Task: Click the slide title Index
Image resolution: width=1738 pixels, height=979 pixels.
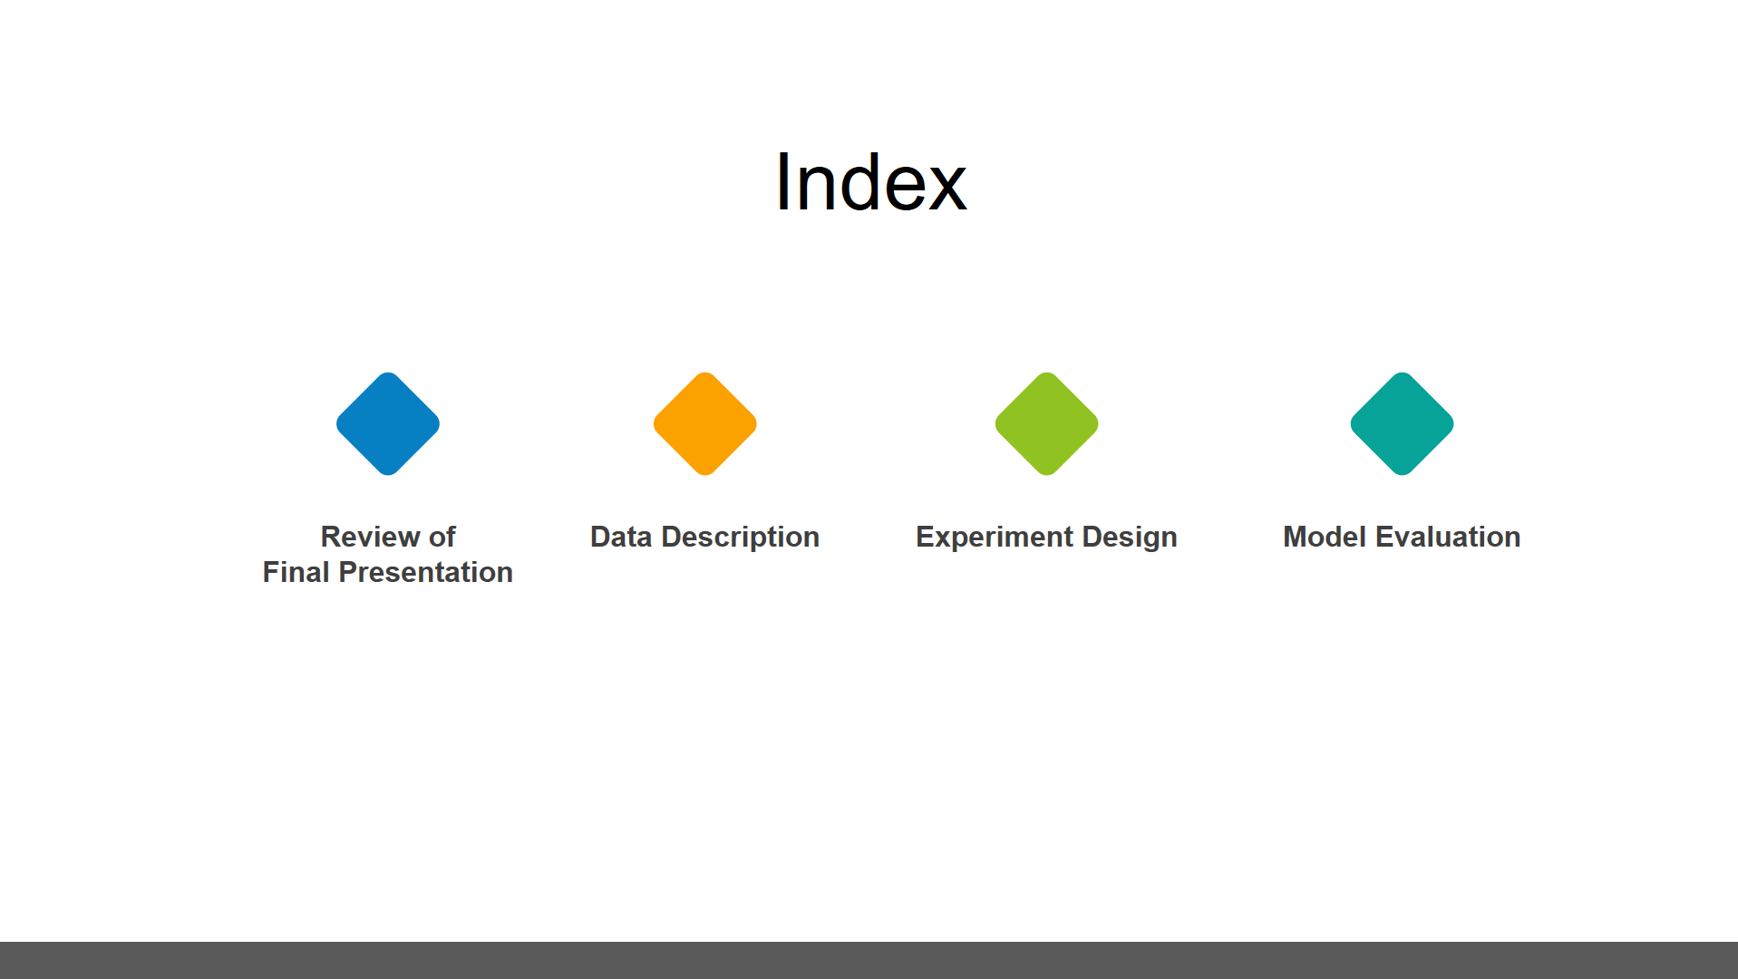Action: [x=871, y=182]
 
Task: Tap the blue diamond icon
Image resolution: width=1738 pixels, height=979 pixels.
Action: [x=388, y=423]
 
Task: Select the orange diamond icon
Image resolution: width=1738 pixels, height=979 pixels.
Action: [x=705, y=423]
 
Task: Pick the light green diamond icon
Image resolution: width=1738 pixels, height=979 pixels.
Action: [x=1047, y=423]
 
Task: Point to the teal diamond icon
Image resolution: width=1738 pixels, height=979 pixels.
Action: [x=1403, y=423]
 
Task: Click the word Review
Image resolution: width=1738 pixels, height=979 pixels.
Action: [x=370, y=537]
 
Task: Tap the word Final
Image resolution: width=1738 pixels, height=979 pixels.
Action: [x=296, y=572]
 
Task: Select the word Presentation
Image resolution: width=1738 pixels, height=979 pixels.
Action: [x=426, y=572]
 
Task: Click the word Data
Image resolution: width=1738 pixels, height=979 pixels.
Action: [x=621, y=537]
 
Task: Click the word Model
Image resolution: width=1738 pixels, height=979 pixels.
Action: [x=1325, y=537]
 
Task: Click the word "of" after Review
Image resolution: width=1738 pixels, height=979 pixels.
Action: [x=442, y=537]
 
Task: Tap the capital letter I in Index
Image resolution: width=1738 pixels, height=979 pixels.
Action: [x=782, y=182]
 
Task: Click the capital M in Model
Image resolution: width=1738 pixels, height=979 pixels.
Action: [x=1296, y=537]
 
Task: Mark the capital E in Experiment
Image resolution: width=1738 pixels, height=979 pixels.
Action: [x=926, y=537]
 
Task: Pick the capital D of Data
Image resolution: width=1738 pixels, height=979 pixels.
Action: [x=600, y=537]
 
